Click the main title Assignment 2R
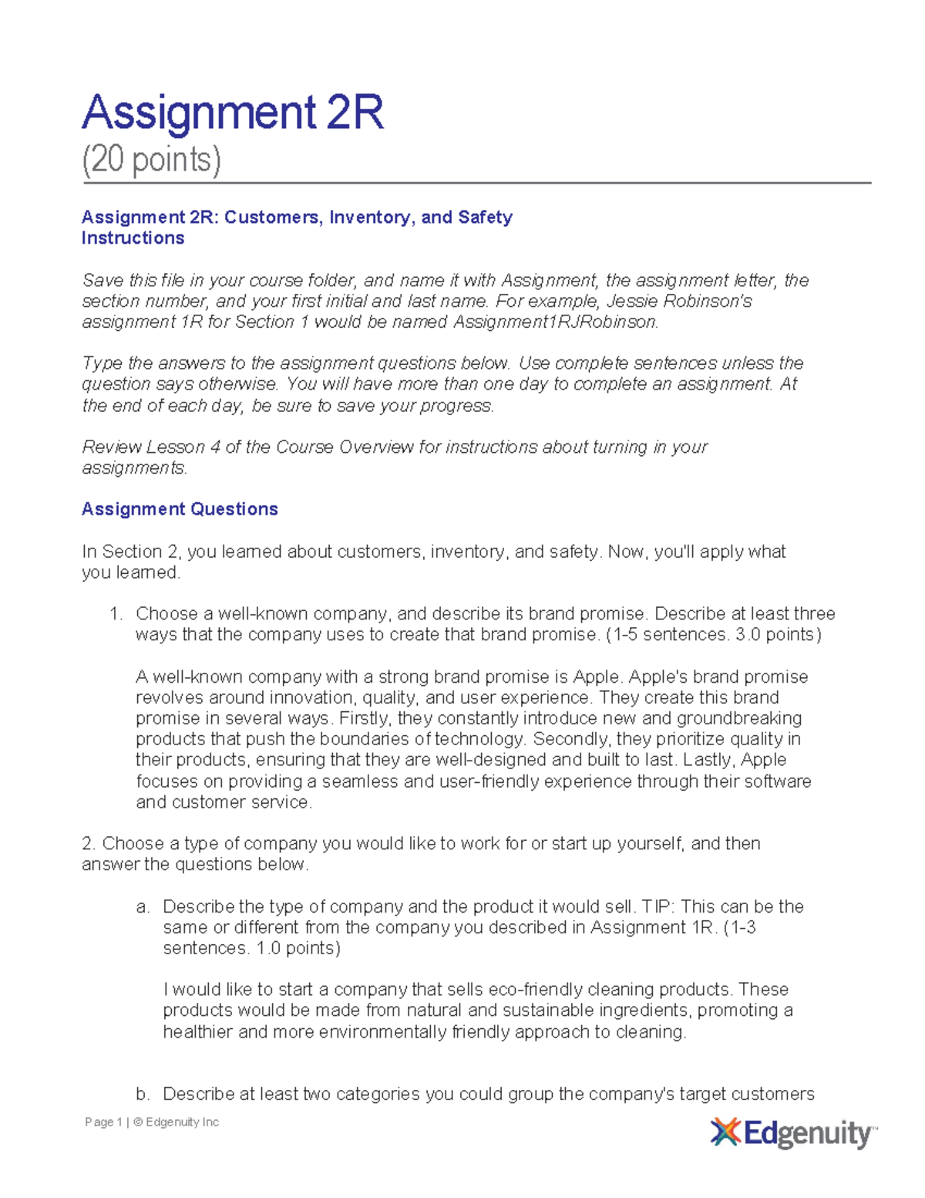pos(232,113)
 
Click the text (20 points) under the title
pos(151,160)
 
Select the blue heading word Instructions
pos(133,238)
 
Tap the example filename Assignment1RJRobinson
pos(555,322)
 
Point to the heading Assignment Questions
pos(180,509)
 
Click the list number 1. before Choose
pos(116,614)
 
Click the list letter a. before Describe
pos(143,907)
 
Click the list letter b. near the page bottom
pos(143,1095)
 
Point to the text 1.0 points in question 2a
pos(296,949)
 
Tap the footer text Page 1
pos(103,1122)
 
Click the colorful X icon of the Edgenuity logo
pos(725,1132)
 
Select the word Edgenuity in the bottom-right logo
pos(806,1134)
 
